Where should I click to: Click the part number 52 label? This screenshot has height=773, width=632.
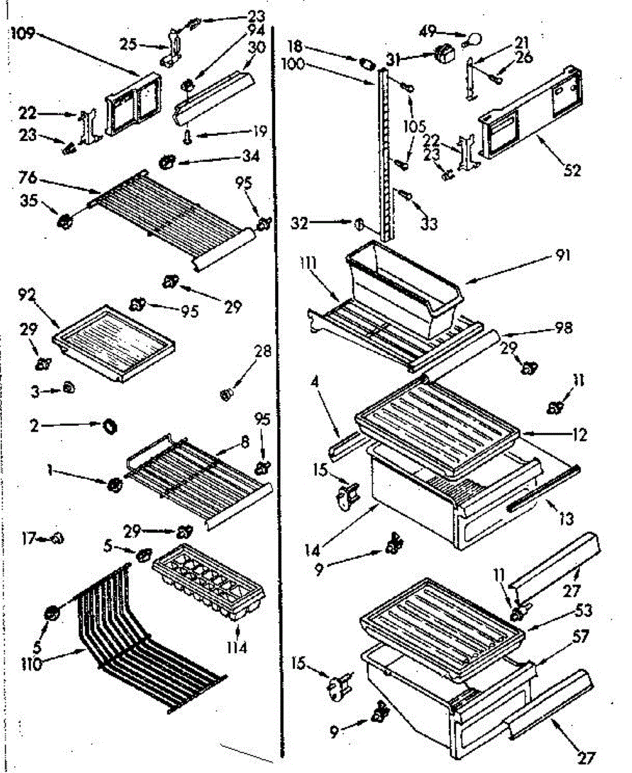click(x=571, y=171)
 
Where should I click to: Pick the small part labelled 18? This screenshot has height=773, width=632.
click(x=367, y=63)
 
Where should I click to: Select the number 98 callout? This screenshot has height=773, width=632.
click(x=563, y=329)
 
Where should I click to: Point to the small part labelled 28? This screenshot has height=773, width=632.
click(x=225, y=394)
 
